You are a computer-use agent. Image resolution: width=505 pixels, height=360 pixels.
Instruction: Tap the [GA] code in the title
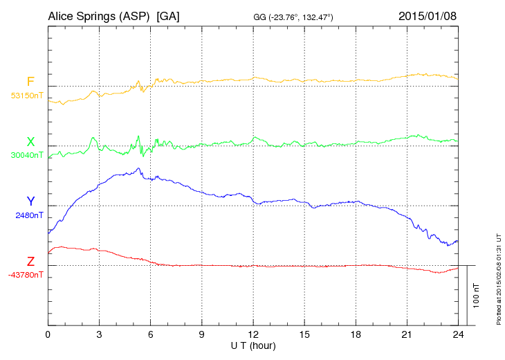coord(168,15)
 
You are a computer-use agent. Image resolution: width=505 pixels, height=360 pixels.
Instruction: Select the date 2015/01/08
coord(428,15)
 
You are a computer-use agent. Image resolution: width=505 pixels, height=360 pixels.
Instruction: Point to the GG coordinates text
coord(294,17)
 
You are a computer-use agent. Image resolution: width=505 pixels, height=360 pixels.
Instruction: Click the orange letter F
coord(30,82)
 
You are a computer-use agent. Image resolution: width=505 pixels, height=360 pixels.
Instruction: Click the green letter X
coord(30,142)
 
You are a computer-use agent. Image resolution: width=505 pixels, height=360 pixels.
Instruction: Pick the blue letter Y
coord(30,201)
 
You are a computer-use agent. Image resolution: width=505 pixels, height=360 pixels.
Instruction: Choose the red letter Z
coord(30,262)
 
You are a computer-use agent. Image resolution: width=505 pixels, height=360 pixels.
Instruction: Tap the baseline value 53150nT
coord(27,96)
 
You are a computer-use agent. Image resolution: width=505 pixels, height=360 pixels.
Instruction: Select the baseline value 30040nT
coord(27,155)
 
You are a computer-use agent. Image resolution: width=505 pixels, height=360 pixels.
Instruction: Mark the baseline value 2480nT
coord(29,215)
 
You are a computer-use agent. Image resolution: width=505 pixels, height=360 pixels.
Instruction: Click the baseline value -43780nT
coord(26,275)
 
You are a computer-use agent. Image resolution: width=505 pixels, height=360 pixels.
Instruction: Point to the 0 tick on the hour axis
coord(48,335)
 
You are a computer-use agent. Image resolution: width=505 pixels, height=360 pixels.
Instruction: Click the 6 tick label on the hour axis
coord(151,335)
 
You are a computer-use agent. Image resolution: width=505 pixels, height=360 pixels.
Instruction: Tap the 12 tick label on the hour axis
coord(253,335)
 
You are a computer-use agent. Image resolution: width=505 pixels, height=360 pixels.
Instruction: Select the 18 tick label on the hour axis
coord(356,335)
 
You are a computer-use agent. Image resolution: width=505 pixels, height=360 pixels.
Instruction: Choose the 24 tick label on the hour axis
coord(458,335)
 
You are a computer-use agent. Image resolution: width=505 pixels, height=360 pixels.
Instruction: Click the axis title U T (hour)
coord(253,345)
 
